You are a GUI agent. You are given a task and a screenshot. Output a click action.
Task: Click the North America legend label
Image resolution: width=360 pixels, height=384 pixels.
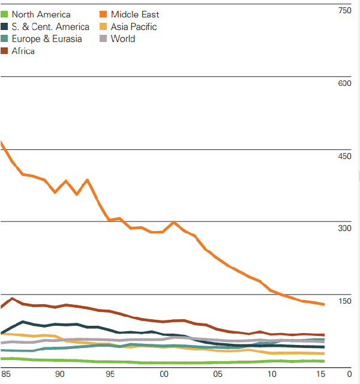pyautogui.click(x=41, y=14)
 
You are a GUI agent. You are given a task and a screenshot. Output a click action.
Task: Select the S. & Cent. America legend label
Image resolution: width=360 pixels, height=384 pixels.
pyautogui.click(x=50, y=26)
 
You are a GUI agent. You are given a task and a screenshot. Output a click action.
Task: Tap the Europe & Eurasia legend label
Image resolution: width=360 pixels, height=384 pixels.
pyautogui.click(x=47, y=39)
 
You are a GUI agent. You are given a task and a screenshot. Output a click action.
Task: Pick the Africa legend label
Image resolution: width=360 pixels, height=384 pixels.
pyautogui.click(x=23, y=51)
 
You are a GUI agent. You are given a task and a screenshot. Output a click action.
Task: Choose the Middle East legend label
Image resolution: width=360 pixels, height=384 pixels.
pyautogui.click(x=135, y=14)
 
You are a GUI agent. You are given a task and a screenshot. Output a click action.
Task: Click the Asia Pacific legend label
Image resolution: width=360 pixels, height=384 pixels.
pyautogui.click(x=134, y=26)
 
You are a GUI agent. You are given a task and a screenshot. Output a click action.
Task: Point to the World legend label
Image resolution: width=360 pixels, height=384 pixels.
pyautogui.click(x=123, y=39)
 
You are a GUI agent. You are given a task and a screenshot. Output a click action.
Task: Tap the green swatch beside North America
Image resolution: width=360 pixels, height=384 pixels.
pyautogui.click(x=5, y=14)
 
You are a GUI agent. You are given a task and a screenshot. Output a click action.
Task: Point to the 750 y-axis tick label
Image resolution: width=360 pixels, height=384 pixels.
pyautogui.click(x=345, y=10)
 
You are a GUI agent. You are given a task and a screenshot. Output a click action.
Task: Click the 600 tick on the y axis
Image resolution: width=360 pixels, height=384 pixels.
pyautogui.click(x=345, y=83)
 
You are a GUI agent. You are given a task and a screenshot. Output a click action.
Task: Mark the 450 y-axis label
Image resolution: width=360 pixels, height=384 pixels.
pyautogui.click(x=345, y=156)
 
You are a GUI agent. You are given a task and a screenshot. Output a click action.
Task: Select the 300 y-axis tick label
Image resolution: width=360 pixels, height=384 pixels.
pyautogui.click(x=345, y=229)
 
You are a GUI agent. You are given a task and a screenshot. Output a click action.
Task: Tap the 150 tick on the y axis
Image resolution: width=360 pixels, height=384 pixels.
pyautogui.click(x=345, y=301)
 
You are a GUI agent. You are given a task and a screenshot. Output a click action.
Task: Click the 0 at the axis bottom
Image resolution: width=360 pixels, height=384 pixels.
pyautogui.click(x=349, y=374)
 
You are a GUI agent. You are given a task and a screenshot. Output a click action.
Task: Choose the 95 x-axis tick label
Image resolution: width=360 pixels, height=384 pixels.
pyautogui.click(x=112, y=374)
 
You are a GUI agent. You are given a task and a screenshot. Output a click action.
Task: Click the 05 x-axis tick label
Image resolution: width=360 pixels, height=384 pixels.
pyautogui.click(x=217, y=374)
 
